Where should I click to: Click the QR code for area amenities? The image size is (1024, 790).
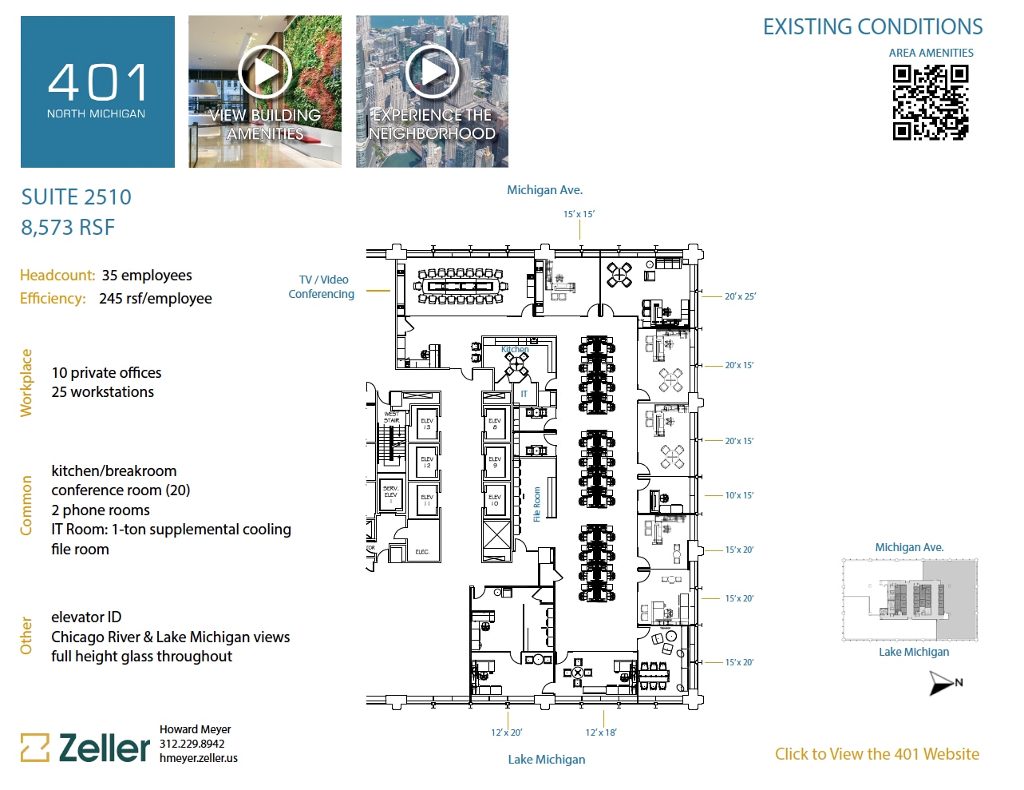[930, 102]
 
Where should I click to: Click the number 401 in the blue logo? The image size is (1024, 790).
[97, 83]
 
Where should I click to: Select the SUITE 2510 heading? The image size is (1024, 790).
[77, 197]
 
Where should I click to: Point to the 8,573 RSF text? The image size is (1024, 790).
[68, 228]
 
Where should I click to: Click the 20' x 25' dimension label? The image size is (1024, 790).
[740, 296]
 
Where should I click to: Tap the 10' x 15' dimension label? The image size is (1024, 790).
[739, 495]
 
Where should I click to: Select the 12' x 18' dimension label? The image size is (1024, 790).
[600, 732]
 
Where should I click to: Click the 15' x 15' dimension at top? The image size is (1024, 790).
[579, 214]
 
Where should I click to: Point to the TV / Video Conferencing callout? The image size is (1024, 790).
[322, 287]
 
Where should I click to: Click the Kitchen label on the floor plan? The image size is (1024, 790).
[515, 349]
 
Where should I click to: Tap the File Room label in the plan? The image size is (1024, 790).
[537, 504]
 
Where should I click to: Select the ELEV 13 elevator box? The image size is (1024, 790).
[427, 423]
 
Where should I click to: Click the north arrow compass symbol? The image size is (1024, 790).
[944, 683]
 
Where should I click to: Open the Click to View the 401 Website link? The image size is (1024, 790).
[876, 754]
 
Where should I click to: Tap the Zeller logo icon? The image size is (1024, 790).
[35, 748]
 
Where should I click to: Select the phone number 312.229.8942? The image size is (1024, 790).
[192, 744]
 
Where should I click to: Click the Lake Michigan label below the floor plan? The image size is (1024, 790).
[547, 760]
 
